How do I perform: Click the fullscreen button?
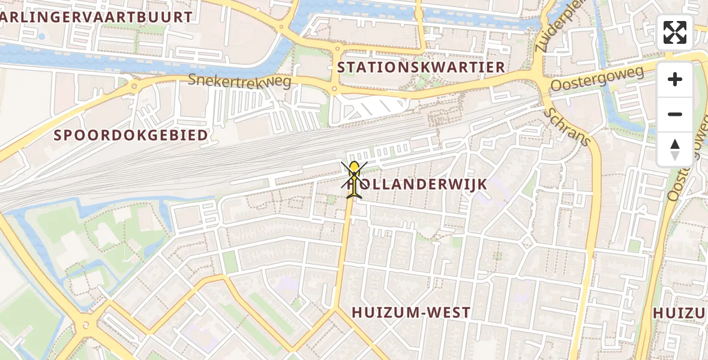point(675,32)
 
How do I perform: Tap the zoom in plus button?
point(675,79)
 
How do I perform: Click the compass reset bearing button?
point(675,149)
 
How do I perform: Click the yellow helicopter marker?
point(354,179)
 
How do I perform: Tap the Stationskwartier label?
point(421,67)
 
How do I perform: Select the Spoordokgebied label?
point(131,135)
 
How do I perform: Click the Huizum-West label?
point(411,313)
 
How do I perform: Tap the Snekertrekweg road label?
point(239,80)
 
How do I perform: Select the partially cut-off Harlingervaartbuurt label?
point(96,17)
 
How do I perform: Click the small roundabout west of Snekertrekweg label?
point(134,86)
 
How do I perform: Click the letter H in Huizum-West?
point(357,313)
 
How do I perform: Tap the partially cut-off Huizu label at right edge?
point(680,313)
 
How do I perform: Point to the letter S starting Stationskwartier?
point(342,67)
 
